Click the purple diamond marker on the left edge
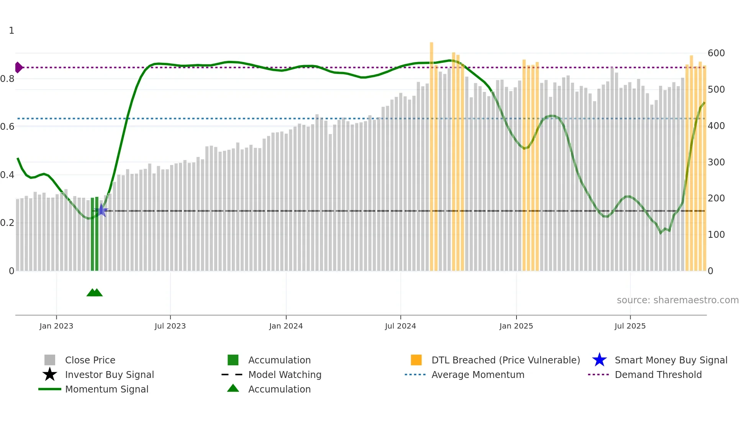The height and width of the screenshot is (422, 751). [18, 67]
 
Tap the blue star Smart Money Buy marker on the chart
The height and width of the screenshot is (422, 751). [102, 210]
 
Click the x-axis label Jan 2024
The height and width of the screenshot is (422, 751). [286, 326]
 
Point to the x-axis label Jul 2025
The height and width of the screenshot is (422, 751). [630, 326]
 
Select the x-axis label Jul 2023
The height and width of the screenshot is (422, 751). [170, 326]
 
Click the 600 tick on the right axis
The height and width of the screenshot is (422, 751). [716, 53]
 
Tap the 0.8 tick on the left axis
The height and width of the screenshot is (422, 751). [8, 79]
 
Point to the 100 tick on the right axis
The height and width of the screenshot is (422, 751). [716, 235]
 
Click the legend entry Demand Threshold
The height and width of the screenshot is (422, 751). [658, 375]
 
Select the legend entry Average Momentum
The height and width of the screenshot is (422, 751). [477, 375]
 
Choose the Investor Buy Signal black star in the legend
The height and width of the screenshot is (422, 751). [50, 375]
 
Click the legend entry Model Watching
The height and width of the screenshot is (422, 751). [285, 375]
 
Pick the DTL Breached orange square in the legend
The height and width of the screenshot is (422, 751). [416, 360]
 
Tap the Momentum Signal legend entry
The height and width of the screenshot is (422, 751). [107, 389]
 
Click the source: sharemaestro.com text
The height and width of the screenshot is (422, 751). [677, 300]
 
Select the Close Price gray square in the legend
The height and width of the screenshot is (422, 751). [50, 360]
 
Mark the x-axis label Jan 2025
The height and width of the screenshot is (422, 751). [516, 326]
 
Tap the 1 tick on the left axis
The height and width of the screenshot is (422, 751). [11, 31]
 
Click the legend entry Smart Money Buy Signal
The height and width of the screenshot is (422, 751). [671, 360]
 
